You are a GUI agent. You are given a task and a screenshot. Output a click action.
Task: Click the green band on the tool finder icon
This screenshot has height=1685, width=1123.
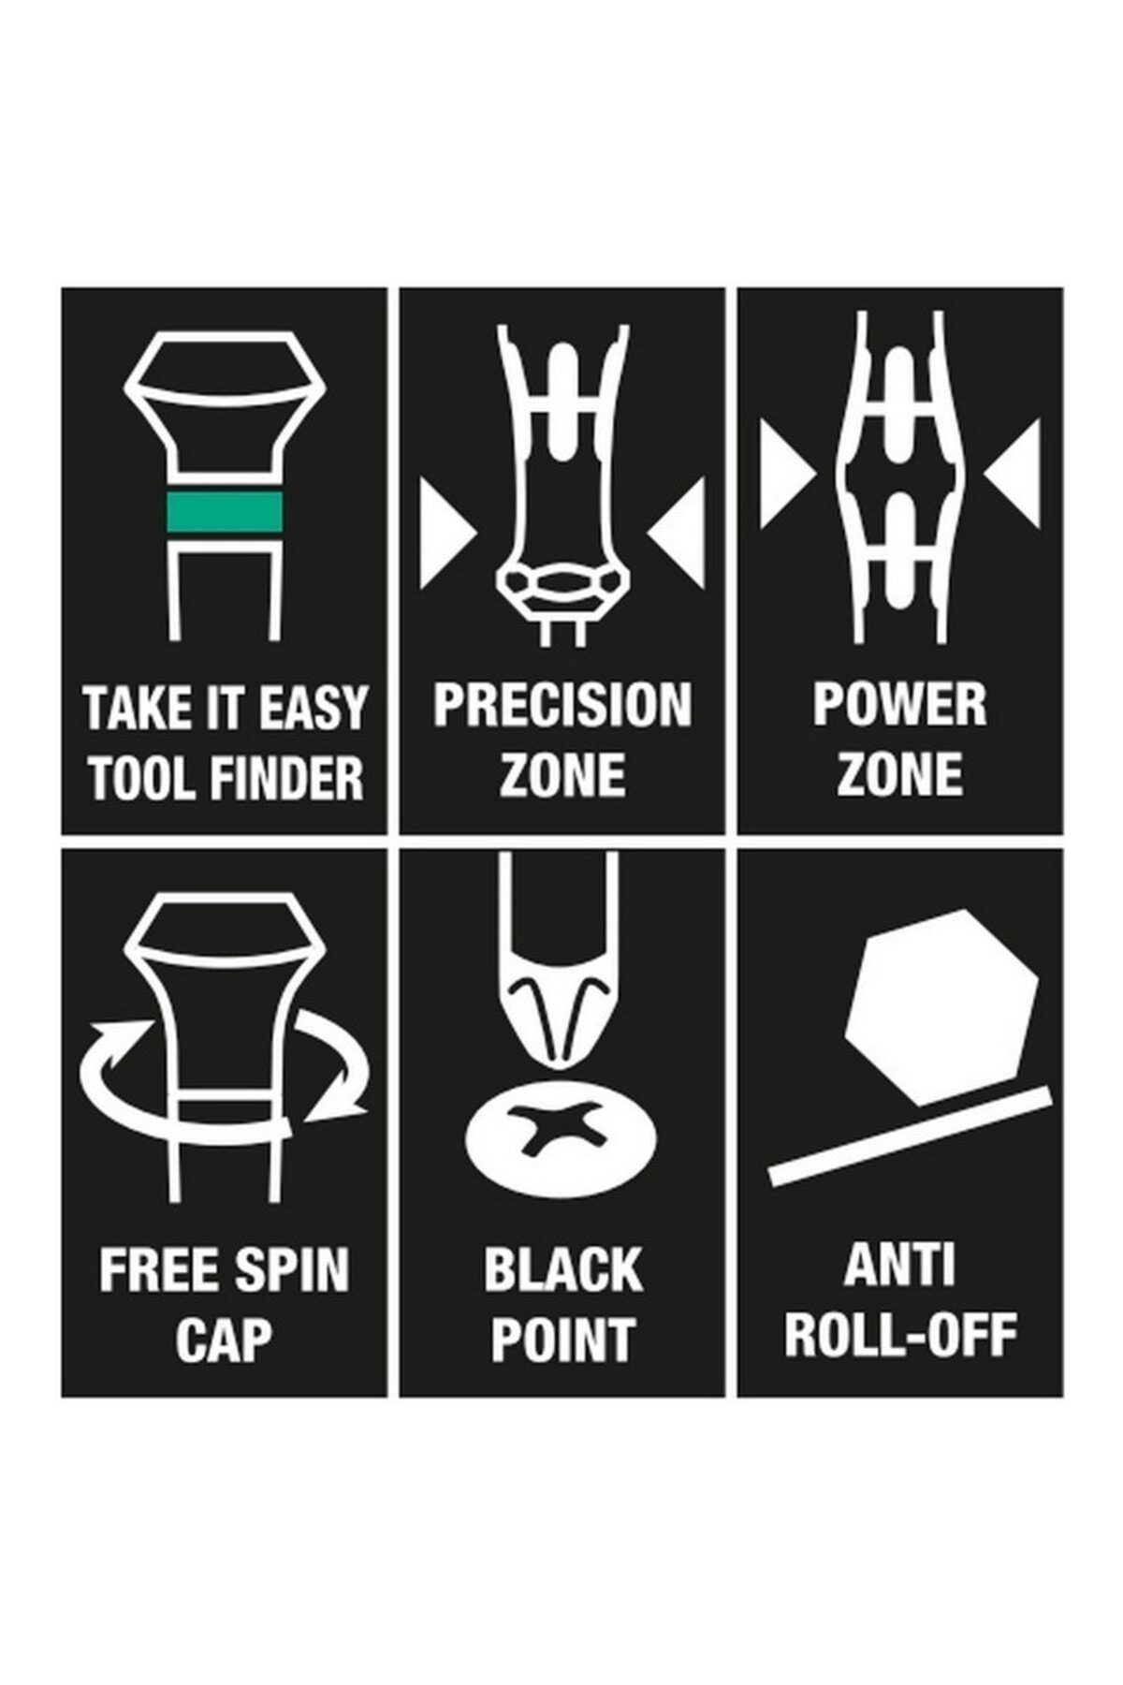(x=225, y=511)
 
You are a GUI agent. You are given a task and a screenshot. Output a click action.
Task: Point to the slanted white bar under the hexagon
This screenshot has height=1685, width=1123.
(x=910, y=1136)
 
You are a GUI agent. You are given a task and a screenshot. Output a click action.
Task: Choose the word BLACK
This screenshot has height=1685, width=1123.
(x=563, y=1270)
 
